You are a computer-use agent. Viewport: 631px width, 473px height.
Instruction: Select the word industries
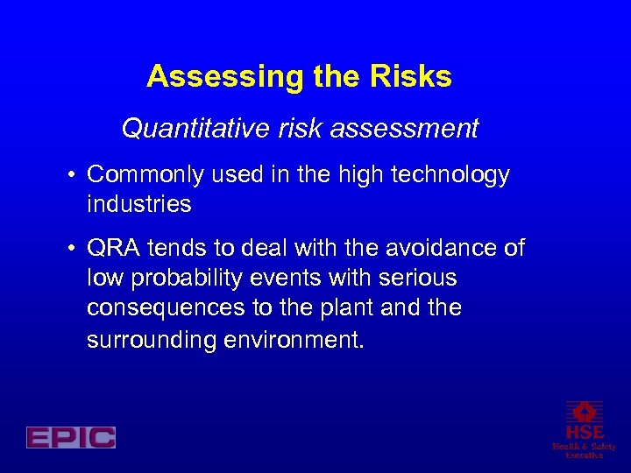(138, 205)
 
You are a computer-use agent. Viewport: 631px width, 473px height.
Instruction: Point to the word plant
(356, 308)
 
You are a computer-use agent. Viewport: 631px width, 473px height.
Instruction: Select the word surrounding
(145, 339)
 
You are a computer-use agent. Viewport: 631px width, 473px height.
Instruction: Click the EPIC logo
(71, 437)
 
